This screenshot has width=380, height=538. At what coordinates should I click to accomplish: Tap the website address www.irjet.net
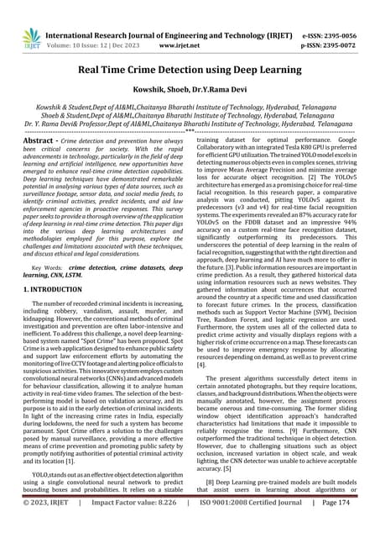189,27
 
